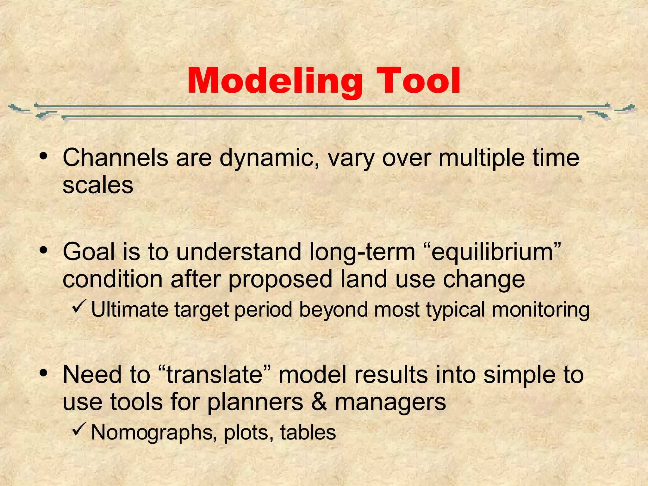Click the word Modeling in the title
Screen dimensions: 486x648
[275, 82]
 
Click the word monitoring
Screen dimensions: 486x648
[541, 310]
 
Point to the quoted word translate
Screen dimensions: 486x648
[215, 375]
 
